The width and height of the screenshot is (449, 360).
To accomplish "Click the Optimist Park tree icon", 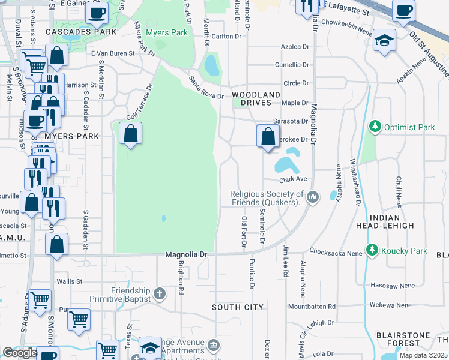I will (375, 127).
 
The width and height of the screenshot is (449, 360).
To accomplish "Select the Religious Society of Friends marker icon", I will (313, 197).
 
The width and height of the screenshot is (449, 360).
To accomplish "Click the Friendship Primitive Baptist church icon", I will (159, 293).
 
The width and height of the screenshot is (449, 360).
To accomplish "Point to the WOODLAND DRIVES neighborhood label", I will (256, 99).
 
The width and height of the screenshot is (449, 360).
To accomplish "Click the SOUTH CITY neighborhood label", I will (238, 307).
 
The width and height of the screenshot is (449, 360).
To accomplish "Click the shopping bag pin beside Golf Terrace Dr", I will (130, 134).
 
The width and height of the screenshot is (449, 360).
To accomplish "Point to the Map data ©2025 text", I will (423, 355).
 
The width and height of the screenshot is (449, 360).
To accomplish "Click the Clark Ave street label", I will (293, 179).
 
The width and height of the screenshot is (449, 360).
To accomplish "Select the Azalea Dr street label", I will (295, 46).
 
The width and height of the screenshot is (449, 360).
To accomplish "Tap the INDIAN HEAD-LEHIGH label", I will (393, 221).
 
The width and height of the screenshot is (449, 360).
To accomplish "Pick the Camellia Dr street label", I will (292, 65).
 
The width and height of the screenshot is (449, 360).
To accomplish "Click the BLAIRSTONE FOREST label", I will (398, 339).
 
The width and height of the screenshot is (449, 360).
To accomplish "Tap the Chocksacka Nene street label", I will (336, 253).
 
